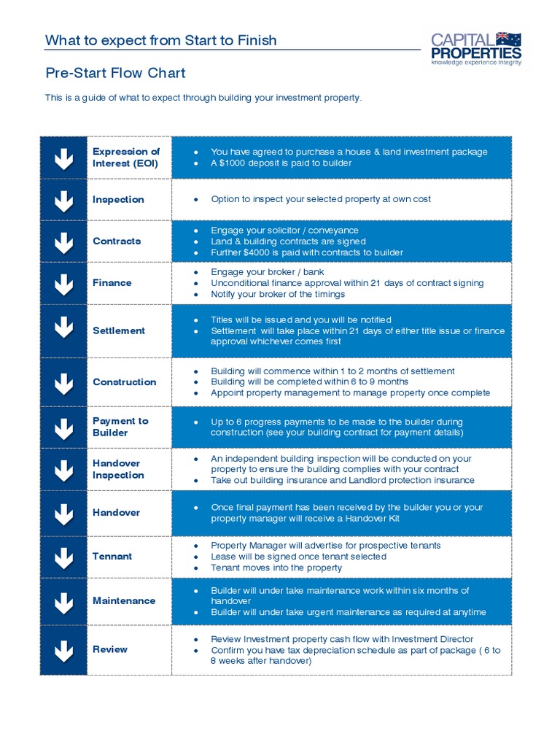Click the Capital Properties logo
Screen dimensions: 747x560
pos(476,49)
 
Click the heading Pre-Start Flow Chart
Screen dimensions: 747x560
pos(115,73)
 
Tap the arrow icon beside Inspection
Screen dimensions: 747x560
pos(63,200)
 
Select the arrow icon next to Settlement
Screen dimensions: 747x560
pos(63,330)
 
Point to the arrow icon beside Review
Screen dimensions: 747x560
pos(63,649)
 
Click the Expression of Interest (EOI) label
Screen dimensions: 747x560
pos(126,158)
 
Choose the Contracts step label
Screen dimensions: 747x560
pos(117,241)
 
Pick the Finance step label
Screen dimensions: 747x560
pos(112,283)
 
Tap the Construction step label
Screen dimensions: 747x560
pos(124,382)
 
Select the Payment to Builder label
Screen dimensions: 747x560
pos(120,427)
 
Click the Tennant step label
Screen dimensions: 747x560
pos(112,557)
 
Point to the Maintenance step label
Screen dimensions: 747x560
pos(124,601)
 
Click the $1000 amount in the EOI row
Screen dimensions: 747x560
pos(233,163)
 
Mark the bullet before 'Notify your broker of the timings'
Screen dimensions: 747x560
pos(196,295)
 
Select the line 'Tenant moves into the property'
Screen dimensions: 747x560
pos(276,568)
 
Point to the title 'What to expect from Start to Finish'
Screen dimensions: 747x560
pos(161,40)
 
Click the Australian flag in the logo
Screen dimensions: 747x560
pos(508,39)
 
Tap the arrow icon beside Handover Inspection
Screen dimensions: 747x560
pos(63,469)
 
